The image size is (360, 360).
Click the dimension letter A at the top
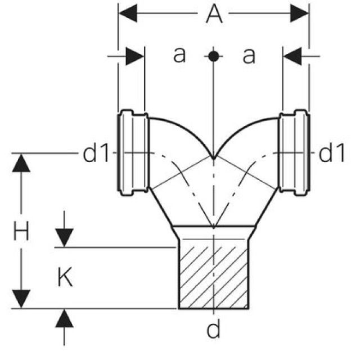[213, 15]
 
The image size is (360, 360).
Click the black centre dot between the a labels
[213, 56]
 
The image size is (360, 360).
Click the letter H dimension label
[21, 231]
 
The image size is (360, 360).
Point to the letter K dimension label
[65, 277]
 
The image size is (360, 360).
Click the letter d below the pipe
[213, 330]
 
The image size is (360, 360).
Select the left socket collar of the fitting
[133, 152]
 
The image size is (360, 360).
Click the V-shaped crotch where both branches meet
[213, 157]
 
